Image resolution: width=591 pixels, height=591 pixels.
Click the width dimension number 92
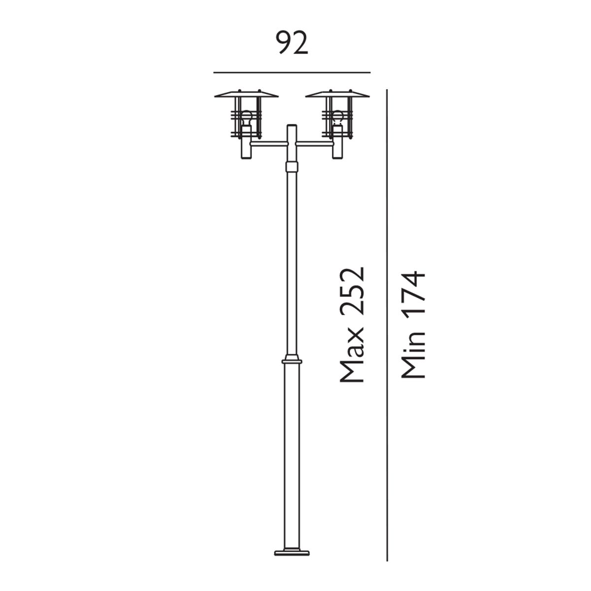[292, 43]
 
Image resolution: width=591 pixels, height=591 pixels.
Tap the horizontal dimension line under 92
[292, 72]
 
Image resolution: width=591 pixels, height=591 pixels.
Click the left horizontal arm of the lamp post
[268, 144]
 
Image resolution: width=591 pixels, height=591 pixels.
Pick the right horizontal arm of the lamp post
[315, 144]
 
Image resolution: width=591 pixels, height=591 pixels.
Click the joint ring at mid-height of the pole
[292, 361]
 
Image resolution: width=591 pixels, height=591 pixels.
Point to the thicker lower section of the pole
[292, 443]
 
